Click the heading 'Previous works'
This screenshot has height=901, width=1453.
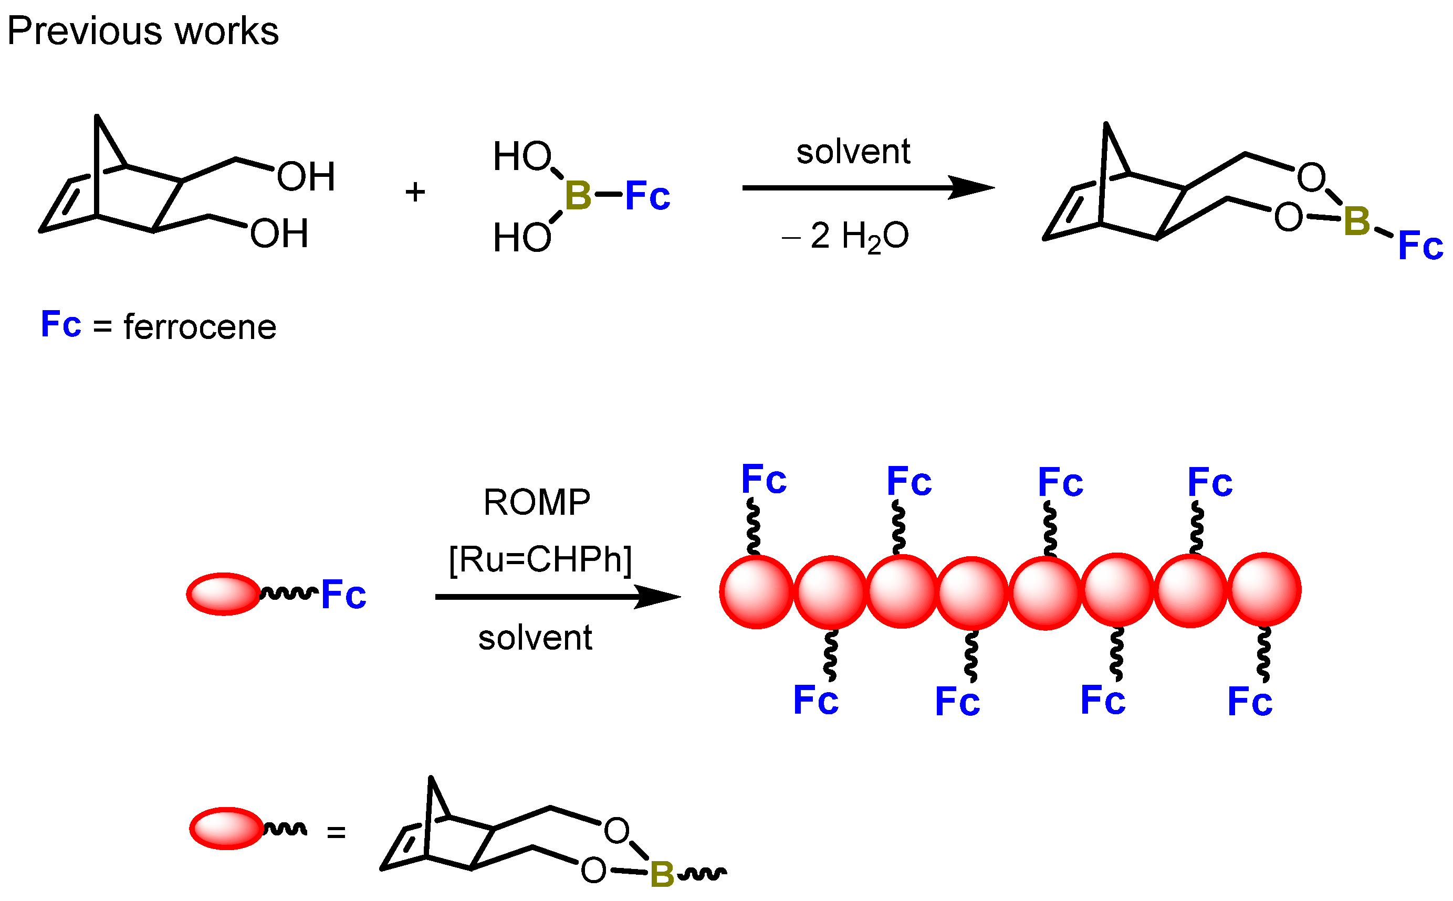point(142,31)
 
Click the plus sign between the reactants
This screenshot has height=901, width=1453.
point(415,193)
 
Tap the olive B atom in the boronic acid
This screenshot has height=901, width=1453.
point(577,196)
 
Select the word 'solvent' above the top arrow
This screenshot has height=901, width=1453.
point(853,152)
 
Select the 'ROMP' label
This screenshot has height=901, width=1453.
point(536,502)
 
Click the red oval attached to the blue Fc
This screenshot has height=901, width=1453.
point(224,594)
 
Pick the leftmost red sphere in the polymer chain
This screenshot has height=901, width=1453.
point(756,592)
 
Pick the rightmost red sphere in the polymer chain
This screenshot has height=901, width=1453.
point(1263,590)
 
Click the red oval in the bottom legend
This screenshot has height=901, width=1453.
point(226,828)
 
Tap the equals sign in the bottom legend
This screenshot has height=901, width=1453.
point(336,832)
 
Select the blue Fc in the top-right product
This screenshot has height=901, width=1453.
point(1420,246)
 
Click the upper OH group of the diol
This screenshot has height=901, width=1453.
point(306,177)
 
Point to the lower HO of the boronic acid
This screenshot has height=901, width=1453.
point(521,238)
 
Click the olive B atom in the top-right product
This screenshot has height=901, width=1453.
point(1357,221)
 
